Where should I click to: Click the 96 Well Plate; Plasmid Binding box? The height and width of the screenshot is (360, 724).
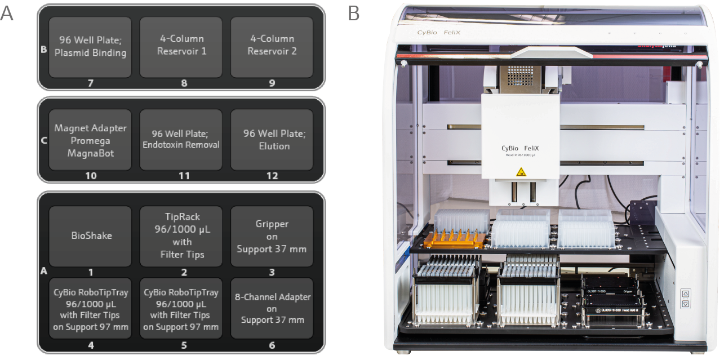tap(90, 47)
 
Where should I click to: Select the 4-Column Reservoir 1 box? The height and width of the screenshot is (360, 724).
tap(181, 47)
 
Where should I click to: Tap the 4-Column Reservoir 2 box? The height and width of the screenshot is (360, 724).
tap(272, 47)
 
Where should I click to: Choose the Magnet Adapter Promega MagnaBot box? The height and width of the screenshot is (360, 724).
tap(90, 140)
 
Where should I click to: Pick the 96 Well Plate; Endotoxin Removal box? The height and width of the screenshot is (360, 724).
tap(181, 140)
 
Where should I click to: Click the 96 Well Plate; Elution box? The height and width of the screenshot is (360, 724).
tap(272, 140)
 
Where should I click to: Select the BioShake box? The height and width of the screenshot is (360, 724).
tap(90, 235)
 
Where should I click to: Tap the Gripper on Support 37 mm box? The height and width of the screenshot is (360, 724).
tap(272, 235)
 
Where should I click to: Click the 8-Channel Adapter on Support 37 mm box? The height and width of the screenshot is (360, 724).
tap(272, 308)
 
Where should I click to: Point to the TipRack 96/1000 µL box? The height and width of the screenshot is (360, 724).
tap(181, 235)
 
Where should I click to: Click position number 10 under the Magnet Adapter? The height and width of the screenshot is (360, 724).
tap(91, 176)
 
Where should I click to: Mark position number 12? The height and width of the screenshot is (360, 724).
tap(272, 176)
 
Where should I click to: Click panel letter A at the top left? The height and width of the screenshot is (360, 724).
tap(7, 13)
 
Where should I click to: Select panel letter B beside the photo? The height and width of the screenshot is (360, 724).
tap(353, 13)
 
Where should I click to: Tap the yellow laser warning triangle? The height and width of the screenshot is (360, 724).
tap(521, 172)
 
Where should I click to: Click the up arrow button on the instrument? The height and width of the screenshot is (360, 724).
tap(686, 294)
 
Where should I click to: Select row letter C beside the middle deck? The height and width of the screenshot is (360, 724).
tap(43, 140)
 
